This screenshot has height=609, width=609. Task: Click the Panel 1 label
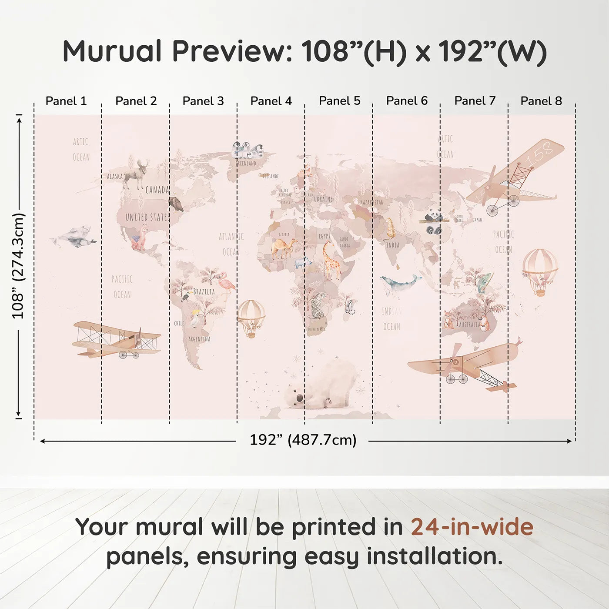(66, 101)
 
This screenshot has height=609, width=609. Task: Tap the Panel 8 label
(541, 101)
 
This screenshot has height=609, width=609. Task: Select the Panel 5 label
(339, 101)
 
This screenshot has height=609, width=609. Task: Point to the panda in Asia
(433, 221)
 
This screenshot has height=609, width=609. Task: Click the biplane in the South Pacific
(116, 340)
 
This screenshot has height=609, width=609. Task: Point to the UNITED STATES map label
(147, 217)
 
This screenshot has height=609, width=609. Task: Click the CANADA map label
(157, 190)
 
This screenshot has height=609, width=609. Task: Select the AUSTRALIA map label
(469, 325)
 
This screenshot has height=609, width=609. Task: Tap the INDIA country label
(393, 245)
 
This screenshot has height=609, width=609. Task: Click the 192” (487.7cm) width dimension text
(303, 440)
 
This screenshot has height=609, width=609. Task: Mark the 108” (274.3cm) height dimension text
(18, 266)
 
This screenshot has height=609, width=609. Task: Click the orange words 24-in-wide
(472, 527)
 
